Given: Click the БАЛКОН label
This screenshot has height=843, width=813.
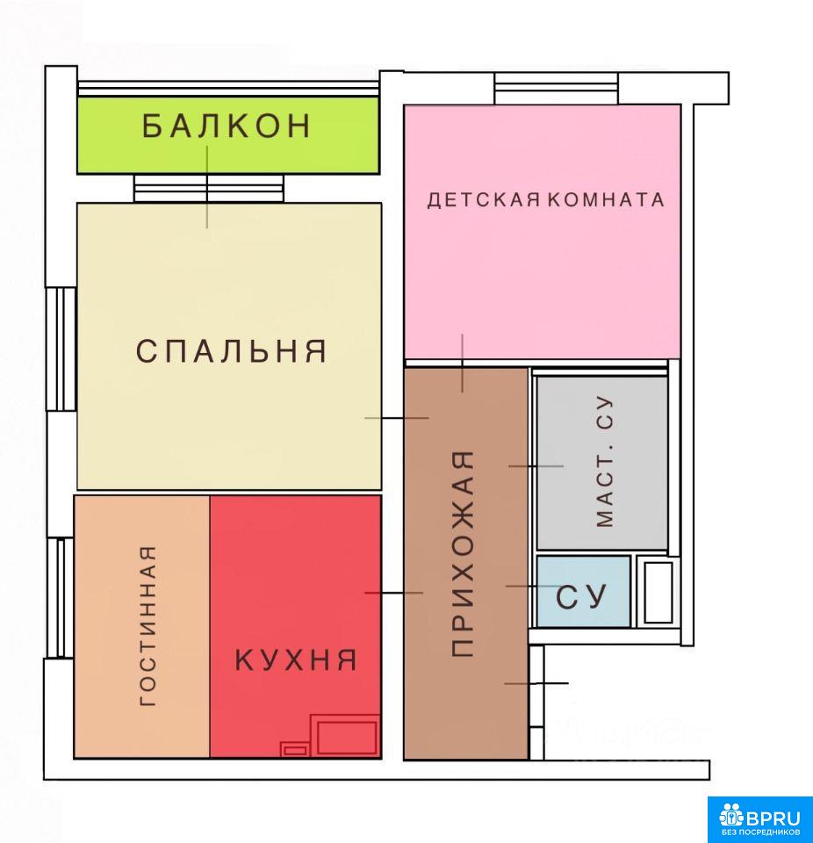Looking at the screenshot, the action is pos(227,126).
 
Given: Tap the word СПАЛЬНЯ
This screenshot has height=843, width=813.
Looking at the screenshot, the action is pos(231,351).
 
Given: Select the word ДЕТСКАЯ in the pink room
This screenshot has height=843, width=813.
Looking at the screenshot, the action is pos(484,200).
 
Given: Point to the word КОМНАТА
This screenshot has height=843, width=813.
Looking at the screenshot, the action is pos(606,200).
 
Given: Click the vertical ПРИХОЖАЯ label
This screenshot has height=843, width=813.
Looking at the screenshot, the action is pos(463,553).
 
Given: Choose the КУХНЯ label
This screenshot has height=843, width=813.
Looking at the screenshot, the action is pos(296,659).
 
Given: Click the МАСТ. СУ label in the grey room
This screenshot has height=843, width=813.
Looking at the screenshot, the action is pos(604,462).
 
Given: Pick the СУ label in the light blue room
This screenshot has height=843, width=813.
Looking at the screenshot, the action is pos(581,597).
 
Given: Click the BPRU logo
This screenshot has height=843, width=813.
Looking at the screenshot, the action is pos(759,818).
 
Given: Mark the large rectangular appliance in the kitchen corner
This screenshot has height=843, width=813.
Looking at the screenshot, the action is pos(347,736).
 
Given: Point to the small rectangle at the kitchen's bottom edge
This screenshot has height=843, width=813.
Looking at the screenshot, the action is pos(295,749).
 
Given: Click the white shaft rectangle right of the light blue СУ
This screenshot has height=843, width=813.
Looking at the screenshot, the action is pos(658,592).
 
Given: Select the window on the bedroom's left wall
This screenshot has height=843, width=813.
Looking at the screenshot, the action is pos(61,349).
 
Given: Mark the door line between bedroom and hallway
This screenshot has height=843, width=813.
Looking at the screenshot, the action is pos(396,418).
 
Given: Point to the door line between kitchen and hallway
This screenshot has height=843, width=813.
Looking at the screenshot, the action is pos(393,593).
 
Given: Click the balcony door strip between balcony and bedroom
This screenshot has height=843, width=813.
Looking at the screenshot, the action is pos(208,188).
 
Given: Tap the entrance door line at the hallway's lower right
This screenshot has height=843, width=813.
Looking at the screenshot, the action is pos(536,683).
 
